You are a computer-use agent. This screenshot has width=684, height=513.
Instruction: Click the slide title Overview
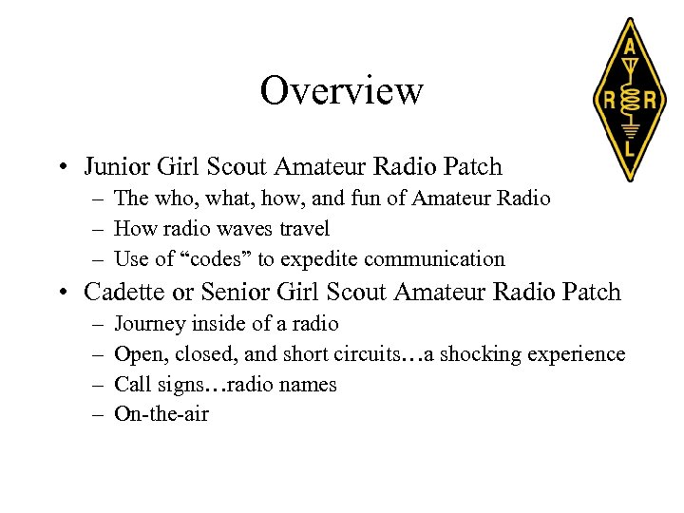coord(341,91)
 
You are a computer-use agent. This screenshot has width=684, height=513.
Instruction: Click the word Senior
coord(237,293)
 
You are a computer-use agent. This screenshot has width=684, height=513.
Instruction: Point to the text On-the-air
coord(161,414)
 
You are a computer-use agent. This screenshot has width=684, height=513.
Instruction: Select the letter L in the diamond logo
coord(628,147)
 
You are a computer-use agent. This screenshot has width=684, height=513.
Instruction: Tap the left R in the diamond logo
coord(604,98)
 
